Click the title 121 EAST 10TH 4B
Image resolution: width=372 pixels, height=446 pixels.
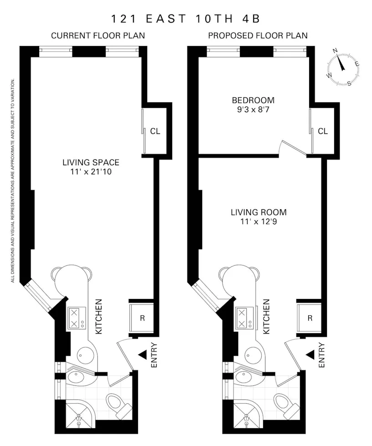[186, 19]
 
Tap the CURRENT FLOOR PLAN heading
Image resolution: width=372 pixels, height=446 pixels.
[98, 35]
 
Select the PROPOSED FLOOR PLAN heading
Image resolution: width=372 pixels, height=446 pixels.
[258, 35]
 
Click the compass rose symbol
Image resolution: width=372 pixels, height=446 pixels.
[344, 69]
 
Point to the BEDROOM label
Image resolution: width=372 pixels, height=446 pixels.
[253, 100]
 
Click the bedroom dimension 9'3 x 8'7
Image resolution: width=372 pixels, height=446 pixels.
[253, 109]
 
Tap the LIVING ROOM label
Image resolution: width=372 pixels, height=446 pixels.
[259, 212]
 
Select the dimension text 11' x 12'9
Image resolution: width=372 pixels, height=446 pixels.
[259, 222]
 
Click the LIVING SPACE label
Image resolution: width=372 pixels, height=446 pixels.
[91, 162]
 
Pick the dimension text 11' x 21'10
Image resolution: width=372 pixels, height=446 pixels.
[91, 172]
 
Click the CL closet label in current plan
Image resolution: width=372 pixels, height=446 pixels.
[155, 132]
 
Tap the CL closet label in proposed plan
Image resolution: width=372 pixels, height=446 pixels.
[323, 132]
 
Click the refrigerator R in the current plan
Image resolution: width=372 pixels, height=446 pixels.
[142, 318]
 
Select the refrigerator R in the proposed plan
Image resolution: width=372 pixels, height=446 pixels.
[310, 318]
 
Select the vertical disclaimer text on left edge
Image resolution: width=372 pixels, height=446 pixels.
[13, 180]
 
